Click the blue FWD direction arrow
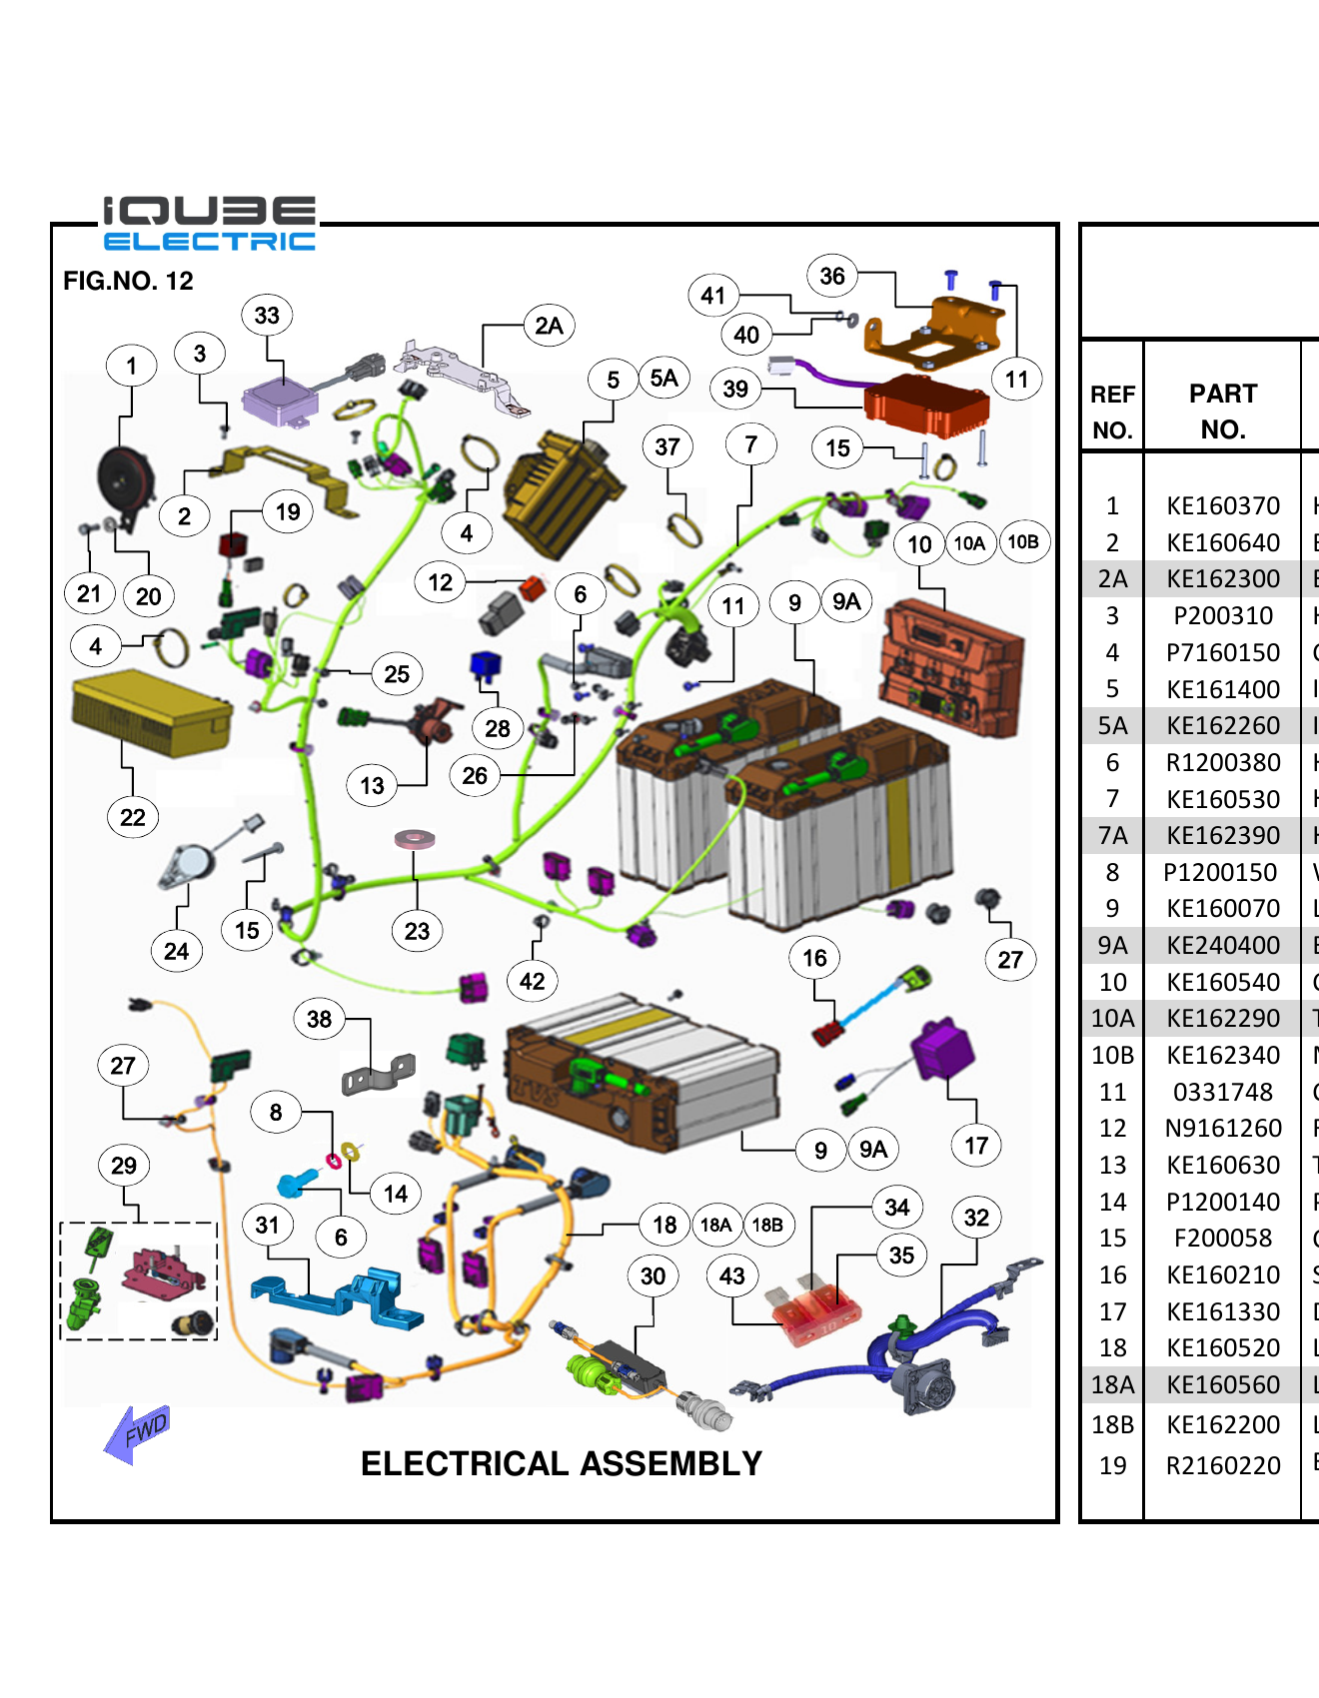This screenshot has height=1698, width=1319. pos(137,1433)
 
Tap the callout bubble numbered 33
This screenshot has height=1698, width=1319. pos(267,316)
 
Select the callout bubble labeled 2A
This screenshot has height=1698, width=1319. pos(549,326)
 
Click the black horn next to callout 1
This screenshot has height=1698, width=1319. pos(124,479)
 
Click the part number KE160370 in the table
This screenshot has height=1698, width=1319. pos(1222,506)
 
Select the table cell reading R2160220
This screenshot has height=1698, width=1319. pos(1222,1465)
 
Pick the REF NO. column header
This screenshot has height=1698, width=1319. pos(1111,412)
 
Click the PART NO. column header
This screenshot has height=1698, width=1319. pos(1222,412)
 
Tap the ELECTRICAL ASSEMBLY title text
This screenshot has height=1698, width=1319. pos(561,1463)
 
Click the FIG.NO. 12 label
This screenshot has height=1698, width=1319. pos(128,281)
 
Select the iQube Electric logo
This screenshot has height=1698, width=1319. pos(209,224)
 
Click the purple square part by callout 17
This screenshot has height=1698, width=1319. pos(942,1049)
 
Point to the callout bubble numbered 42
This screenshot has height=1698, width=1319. pos(533,981)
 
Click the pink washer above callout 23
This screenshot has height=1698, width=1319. pos(414,839)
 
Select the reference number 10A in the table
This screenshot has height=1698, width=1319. pos(1112,1019)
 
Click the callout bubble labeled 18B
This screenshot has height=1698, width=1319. pos(767,1225)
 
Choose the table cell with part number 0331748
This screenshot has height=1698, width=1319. pos(1222,1092)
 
